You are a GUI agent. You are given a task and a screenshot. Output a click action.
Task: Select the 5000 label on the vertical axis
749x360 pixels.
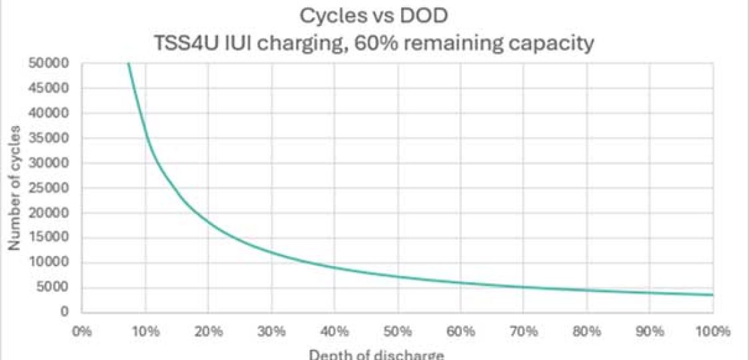(57, 288)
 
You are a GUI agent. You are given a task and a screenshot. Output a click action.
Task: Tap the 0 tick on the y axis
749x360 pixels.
(65, 312)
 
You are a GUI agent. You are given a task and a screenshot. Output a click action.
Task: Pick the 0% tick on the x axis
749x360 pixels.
(81, 331)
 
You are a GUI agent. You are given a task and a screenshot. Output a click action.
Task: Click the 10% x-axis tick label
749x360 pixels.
(145, 331)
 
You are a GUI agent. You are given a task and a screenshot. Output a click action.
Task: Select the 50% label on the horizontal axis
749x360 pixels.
(397, 331)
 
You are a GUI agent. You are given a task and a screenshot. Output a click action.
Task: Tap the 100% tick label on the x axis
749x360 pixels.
(712, 331)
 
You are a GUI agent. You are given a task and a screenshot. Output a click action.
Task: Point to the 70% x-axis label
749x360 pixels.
(523, 331)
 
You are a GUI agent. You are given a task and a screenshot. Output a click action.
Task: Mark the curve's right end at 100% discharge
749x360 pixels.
(712, 295)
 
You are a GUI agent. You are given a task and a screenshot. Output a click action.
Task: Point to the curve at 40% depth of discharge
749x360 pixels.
(334, 268)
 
